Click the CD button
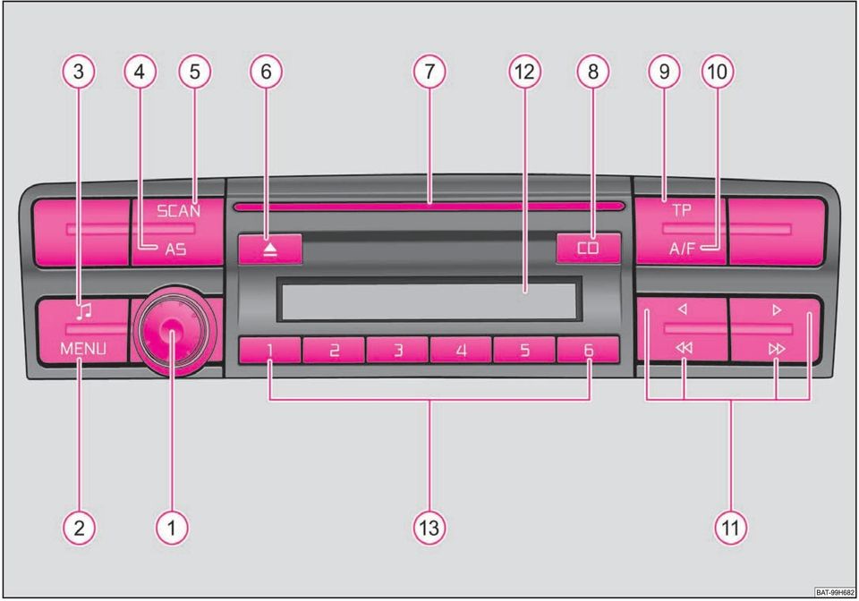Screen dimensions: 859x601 click(x=589, y=249)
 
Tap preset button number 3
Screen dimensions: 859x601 click(x=397, y=350)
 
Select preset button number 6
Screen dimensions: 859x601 click(x=588, y=350)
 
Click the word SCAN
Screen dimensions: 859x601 click(x=179, y=211)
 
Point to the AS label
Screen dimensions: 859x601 click(x=176, y=250)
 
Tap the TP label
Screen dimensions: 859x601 click(x=682, y=209)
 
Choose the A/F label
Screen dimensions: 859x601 click(x=682, y=249)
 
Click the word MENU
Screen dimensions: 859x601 click(x=83, y=348)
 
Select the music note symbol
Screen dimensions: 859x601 click(x=84, y=311)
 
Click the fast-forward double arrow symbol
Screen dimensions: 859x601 click(x=777, y=349)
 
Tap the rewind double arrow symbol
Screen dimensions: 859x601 click(x=684, y=348)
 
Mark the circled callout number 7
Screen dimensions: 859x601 click(x=429, y=72)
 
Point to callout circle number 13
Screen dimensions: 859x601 click(x=429, y=528)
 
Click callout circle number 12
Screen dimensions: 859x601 click(x=525, y=72)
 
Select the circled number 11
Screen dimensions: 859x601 click(x=731, y=528)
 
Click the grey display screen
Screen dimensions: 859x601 click(x=428, y=300)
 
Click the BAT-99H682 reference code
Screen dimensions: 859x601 click(x=835, y=592)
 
